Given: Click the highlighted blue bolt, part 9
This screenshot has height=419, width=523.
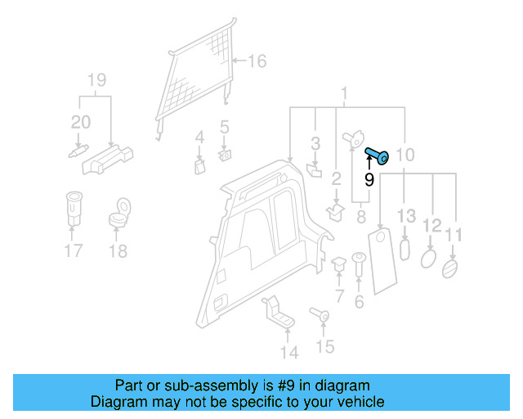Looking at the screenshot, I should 378,155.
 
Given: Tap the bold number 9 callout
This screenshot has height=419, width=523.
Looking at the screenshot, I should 369,178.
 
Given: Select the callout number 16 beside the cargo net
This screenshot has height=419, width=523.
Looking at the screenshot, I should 257,61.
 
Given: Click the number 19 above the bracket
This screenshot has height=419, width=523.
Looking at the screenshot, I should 96,80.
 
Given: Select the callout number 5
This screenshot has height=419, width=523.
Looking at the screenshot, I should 224,128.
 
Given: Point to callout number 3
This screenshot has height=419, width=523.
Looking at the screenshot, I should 315,145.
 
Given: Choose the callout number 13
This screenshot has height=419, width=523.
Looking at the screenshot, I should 406,216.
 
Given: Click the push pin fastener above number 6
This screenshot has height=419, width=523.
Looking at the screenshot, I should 358,264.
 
